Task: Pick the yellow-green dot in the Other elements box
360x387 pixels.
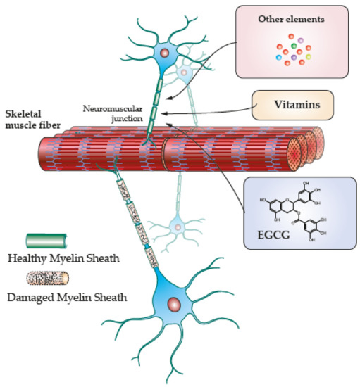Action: click(308, 57)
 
